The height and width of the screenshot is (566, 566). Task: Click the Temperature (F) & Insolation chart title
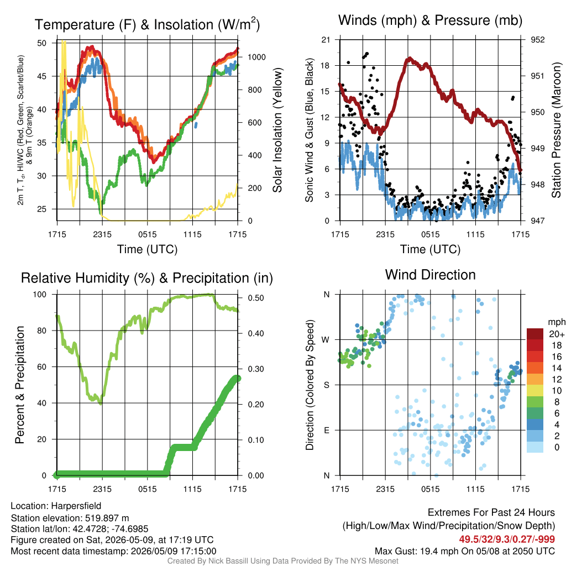click(x=147, y=24)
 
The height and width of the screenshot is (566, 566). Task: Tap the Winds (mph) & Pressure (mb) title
click(x=430, y=20)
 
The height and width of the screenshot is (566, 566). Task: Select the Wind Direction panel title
click(x=430, y=275)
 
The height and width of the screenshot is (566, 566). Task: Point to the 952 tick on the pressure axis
click(x=537, y=40)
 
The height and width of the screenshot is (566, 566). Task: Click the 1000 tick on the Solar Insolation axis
click(x=256, y=57)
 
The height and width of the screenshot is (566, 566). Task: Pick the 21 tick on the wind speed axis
click(x=326, y=40)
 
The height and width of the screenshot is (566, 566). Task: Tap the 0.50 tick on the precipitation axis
click(x=256, y=298)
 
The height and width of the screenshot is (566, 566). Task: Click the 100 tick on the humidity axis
click(x=40, y=294)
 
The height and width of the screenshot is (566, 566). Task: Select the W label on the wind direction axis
click(x=326, y=340)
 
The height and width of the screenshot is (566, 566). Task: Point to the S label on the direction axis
click(x=326, y=385)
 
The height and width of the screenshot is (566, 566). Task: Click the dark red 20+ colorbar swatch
click(x=535, y=334)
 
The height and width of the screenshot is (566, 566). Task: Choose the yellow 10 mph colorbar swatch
click(x=535, y=390)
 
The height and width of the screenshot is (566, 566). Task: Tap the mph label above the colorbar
click(x=556, y=322)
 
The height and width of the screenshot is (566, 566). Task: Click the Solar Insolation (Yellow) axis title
click(x=277, y=130)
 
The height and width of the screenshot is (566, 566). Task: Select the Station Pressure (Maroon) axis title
click(x=556, y=130)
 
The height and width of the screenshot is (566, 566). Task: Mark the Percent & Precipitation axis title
click(x=20, y=385)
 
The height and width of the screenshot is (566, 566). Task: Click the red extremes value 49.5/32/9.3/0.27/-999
click(x=507, y=539)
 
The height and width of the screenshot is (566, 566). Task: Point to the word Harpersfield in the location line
click(x=76, y=506)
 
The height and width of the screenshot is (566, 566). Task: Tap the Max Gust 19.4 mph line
click(x=464, y=551)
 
